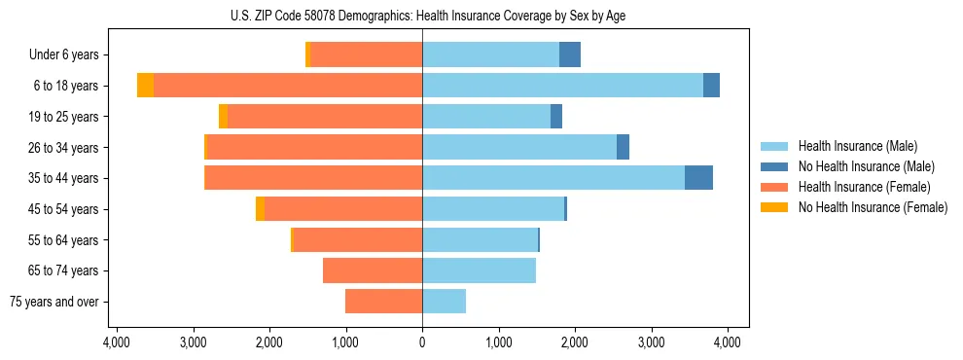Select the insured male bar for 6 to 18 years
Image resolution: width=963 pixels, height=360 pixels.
pyautogui.click(x=562, y=86)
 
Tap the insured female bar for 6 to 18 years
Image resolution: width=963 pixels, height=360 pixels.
pyautogui.click(x=288, y=86)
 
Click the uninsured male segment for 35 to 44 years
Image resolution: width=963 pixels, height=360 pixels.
pyautogui.click(x=698, y=178)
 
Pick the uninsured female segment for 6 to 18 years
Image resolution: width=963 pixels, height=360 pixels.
pyautogui.click(x=145, y=86)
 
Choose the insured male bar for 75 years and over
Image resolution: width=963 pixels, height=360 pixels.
pyautogui.click(x=444, y=302)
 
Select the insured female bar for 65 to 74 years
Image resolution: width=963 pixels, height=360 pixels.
pyautogui.click(x=373, y=270)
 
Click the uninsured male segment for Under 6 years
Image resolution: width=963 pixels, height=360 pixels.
pyautogui.click(x=570, y=54)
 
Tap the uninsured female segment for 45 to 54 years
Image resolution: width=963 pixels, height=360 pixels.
pyautogui.click(x=260, y=209)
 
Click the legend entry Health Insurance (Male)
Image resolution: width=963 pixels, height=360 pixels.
pyautogui.click(x=857, y=146)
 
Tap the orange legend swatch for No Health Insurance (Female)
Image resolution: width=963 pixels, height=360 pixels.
pyautogui.click(x=775, y=207)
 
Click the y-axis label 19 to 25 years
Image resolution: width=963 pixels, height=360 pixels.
pyautogui.click(x=64, y=117)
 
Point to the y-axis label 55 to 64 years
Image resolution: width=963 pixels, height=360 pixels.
pyautogui.click(x=64, y=240)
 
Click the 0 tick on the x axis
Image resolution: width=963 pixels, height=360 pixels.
pyautogui.click(x=422, y=342)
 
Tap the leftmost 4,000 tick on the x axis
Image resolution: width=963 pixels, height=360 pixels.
pyautogui.click(x=116, y=342)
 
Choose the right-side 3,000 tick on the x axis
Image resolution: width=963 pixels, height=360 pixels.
pyautogui.click(x=652, y=342)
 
